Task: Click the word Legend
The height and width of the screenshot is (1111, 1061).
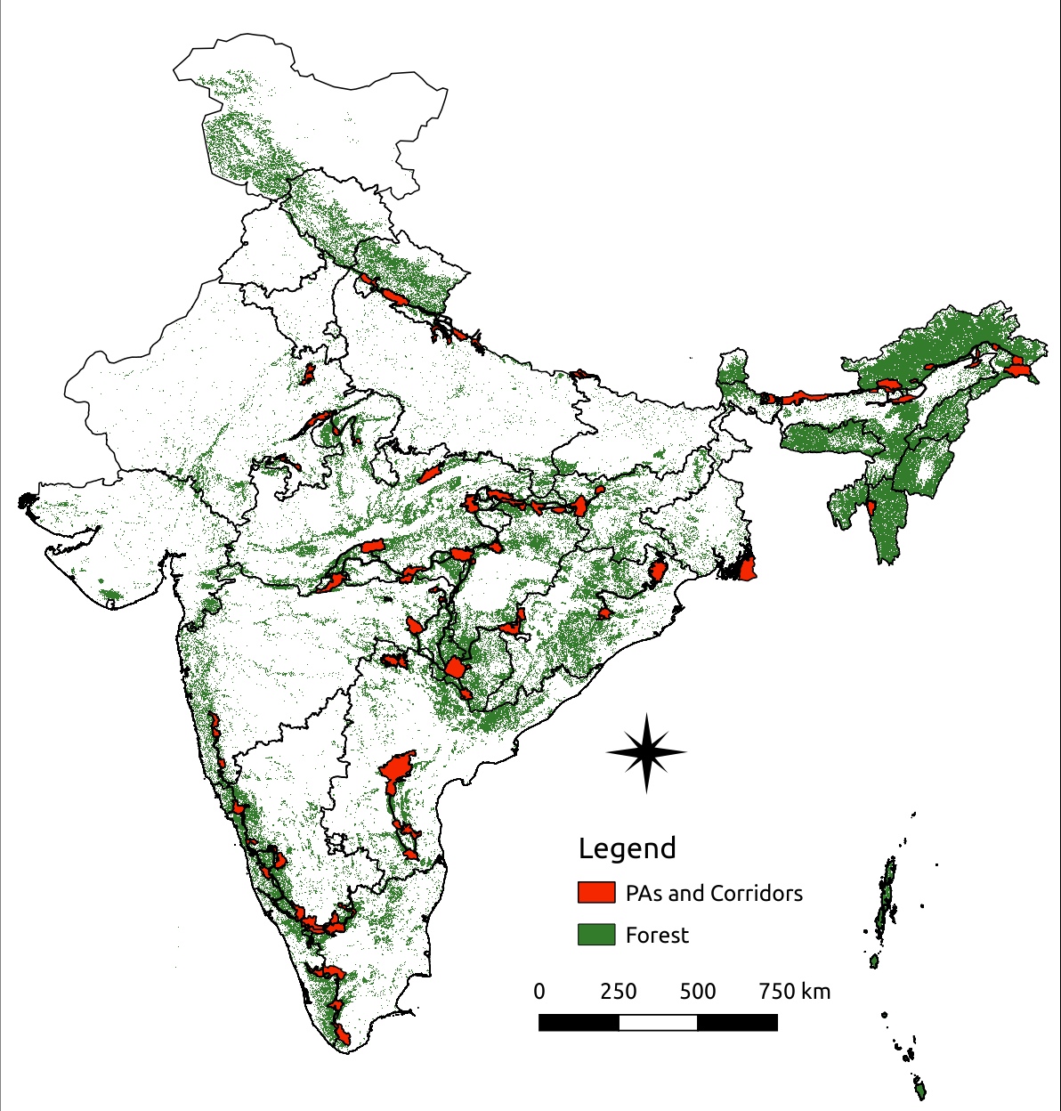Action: [627, 848]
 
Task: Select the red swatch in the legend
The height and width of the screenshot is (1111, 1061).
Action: [595, 893]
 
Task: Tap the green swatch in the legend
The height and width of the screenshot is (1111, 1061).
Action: [595, 935]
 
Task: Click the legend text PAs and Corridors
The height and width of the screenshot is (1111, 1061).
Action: [714, 893]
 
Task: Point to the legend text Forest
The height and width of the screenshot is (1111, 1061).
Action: [657, 935]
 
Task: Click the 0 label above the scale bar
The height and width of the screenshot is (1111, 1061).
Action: [539, 992]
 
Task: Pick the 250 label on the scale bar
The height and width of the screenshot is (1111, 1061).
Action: [618, 992]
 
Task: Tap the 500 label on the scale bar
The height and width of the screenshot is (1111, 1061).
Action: [697, 992]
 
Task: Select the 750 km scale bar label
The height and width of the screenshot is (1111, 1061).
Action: [794, 992]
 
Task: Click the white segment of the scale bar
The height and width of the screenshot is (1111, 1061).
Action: [658, 1023]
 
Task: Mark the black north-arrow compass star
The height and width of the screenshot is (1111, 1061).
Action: [646, 753]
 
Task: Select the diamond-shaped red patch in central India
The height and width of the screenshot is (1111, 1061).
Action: [457, 668]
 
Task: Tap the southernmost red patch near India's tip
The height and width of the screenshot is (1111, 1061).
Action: [344, 1034]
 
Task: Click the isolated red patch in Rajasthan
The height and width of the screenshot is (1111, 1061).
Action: [309, 373]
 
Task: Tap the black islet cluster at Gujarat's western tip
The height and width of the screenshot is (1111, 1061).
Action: [24, 502]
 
